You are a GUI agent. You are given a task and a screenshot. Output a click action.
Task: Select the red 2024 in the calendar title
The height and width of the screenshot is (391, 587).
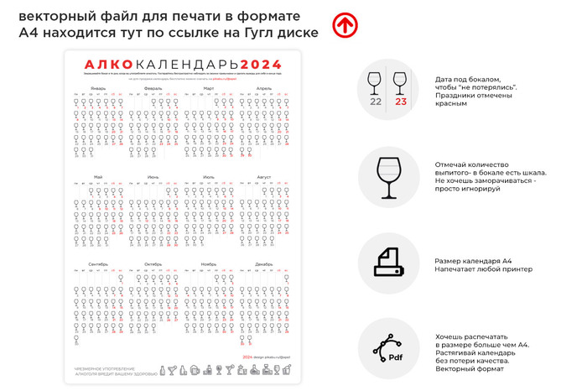coord(261,65)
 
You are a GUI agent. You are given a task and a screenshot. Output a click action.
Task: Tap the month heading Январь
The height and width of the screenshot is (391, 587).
coord(98,87)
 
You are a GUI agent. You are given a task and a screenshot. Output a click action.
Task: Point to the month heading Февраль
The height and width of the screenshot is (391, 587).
coord(153,87)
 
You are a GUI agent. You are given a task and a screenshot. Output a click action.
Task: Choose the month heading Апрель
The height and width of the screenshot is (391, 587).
coord(263,87)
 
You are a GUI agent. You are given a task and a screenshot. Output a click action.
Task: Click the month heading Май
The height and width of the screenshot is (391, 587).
coord(98,177)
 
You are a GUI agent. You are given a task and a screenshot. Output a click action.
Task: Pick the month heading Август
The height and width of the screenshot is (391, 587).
coord(263,177)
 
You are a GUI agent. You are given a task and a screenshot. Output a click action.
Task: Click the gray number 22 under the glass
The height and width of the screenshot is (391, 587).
coord(376,102)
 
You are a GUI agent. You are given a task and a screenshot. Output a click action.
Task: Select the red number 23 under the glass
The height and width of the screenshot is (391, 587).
coord(400,102)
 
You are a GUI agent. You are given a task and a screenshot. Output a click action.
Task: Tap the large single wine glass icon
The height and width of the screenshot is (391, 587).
coord(388,177)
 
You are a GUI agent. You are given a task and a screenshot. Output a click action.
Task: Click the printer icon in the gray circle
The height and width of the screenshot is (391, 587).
coord(388,263)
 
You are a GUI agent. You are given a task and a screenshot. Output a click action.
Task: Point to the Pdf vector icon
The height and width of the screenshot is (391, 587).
coord(389,351)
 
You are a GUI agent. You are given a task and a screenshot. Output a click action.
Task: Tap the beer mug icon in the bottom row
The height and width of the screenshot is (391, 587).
coord(195,370)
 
